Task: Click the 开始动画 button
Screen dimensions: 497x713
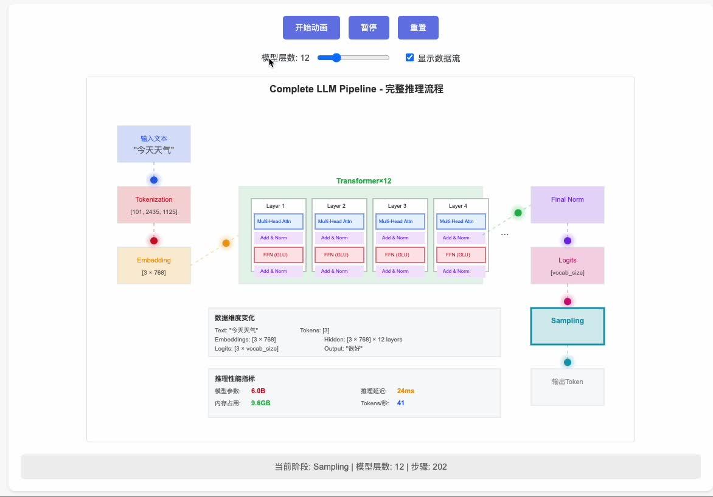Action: click(311, 27)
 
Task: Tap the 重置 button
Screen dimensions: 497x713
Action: click(418, 27)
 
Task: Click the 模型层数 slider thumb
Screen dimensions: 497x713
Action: click(336, 58)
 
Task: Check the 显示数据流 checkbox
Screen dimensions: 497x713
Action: click(410, 58)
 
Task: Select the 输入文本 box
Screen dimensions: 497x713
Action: click(154, 144)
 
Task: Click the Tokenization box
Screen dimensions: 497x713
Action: click(154, 205)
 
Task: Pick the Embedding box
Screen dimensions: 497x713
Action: click(154, 266)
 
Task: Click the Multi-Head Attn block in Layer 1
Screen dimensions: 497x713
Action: click(278, 221)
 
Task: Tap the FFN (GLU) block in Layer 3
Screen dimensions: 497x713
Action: click(400, 255)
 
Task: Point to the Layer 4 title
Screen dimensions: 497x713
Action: click(457, 206)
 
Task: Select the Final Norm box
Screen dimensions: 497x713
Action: click(568, 205)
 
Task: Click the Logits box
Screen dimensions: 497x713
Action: click(568, 266)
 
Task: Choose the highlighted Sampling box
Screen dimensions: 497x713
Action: click(568, 326)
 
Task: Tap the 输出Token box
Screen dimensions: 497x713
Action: click(568, 387)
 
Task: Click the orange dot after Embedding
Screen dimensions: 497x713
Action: click(226, 243)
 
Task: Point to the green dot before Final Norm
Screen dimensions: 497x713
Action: click(518, 213)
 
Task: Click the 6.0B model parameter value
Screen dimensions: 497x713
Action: click(258, 391)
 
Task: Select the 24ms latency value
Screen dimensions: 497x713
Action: click(406, 391)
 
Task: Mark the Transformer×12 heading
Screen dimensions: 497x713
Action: click(364, 181)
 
